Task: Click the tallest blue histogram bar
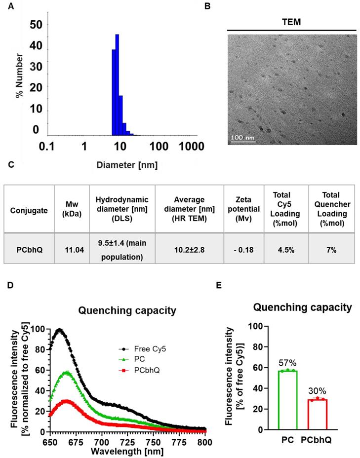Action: (117, 84)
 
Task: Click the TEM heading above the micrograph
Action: (292, 22)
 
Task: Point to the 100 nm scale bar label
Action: (243, 137)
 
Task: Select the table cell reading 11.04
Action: (72, 250)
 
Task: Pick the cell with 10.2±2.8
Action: (190, 250)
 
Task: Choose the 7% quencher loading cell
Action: (331, 250)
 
